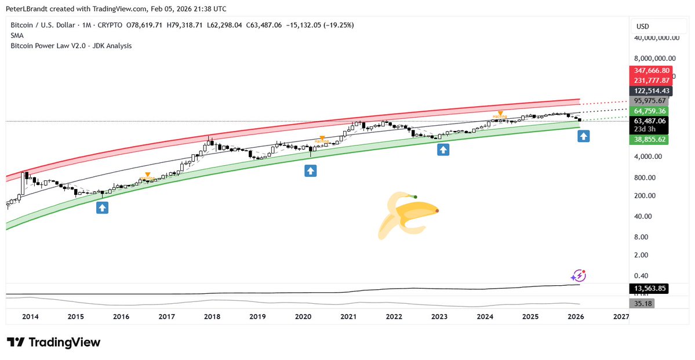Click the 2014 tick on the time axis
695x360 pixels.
point(30,317)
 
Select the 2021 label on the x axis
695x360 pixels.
point(348,317)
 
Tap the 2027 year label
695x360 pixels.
point(621,317)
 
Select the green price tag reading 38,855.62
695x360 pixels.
point(652,140)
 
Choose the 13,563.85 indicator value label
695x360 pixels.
point(651,288)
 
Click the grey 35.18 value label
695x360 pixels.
point(640,303)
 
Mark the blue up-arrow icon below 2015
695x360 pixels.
point(103,207)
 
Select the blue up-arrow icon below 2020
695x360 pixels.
point(311,170)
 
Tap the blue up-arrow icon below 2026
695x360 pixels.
point(584,137)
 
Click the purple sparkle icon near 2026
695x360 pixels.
point(579,276)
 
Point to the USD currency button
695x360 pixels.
point(642,26)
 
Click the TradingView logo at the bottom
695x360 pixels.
point(53,342)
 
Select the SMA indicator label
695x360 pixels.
point(17,35)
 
